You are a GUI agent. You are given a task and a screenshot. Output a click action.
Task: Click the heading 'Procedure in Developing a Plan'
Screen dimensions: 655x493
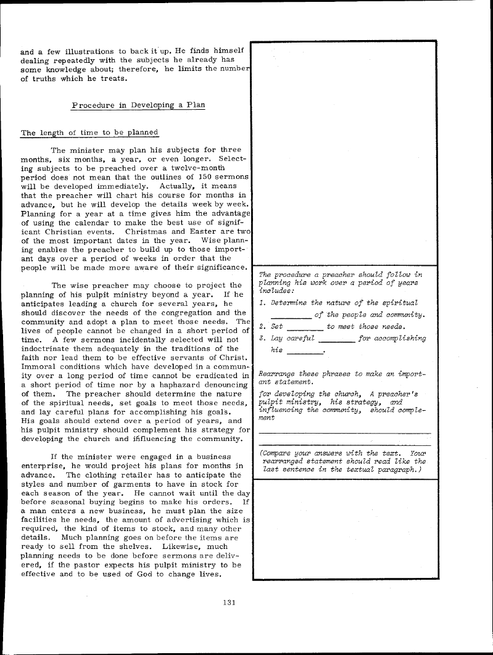click(x=138, y=105)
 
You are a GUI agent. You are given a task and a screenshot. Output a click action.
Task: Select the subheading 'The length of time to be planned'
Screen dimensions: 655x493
click(x=90, y=133)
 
